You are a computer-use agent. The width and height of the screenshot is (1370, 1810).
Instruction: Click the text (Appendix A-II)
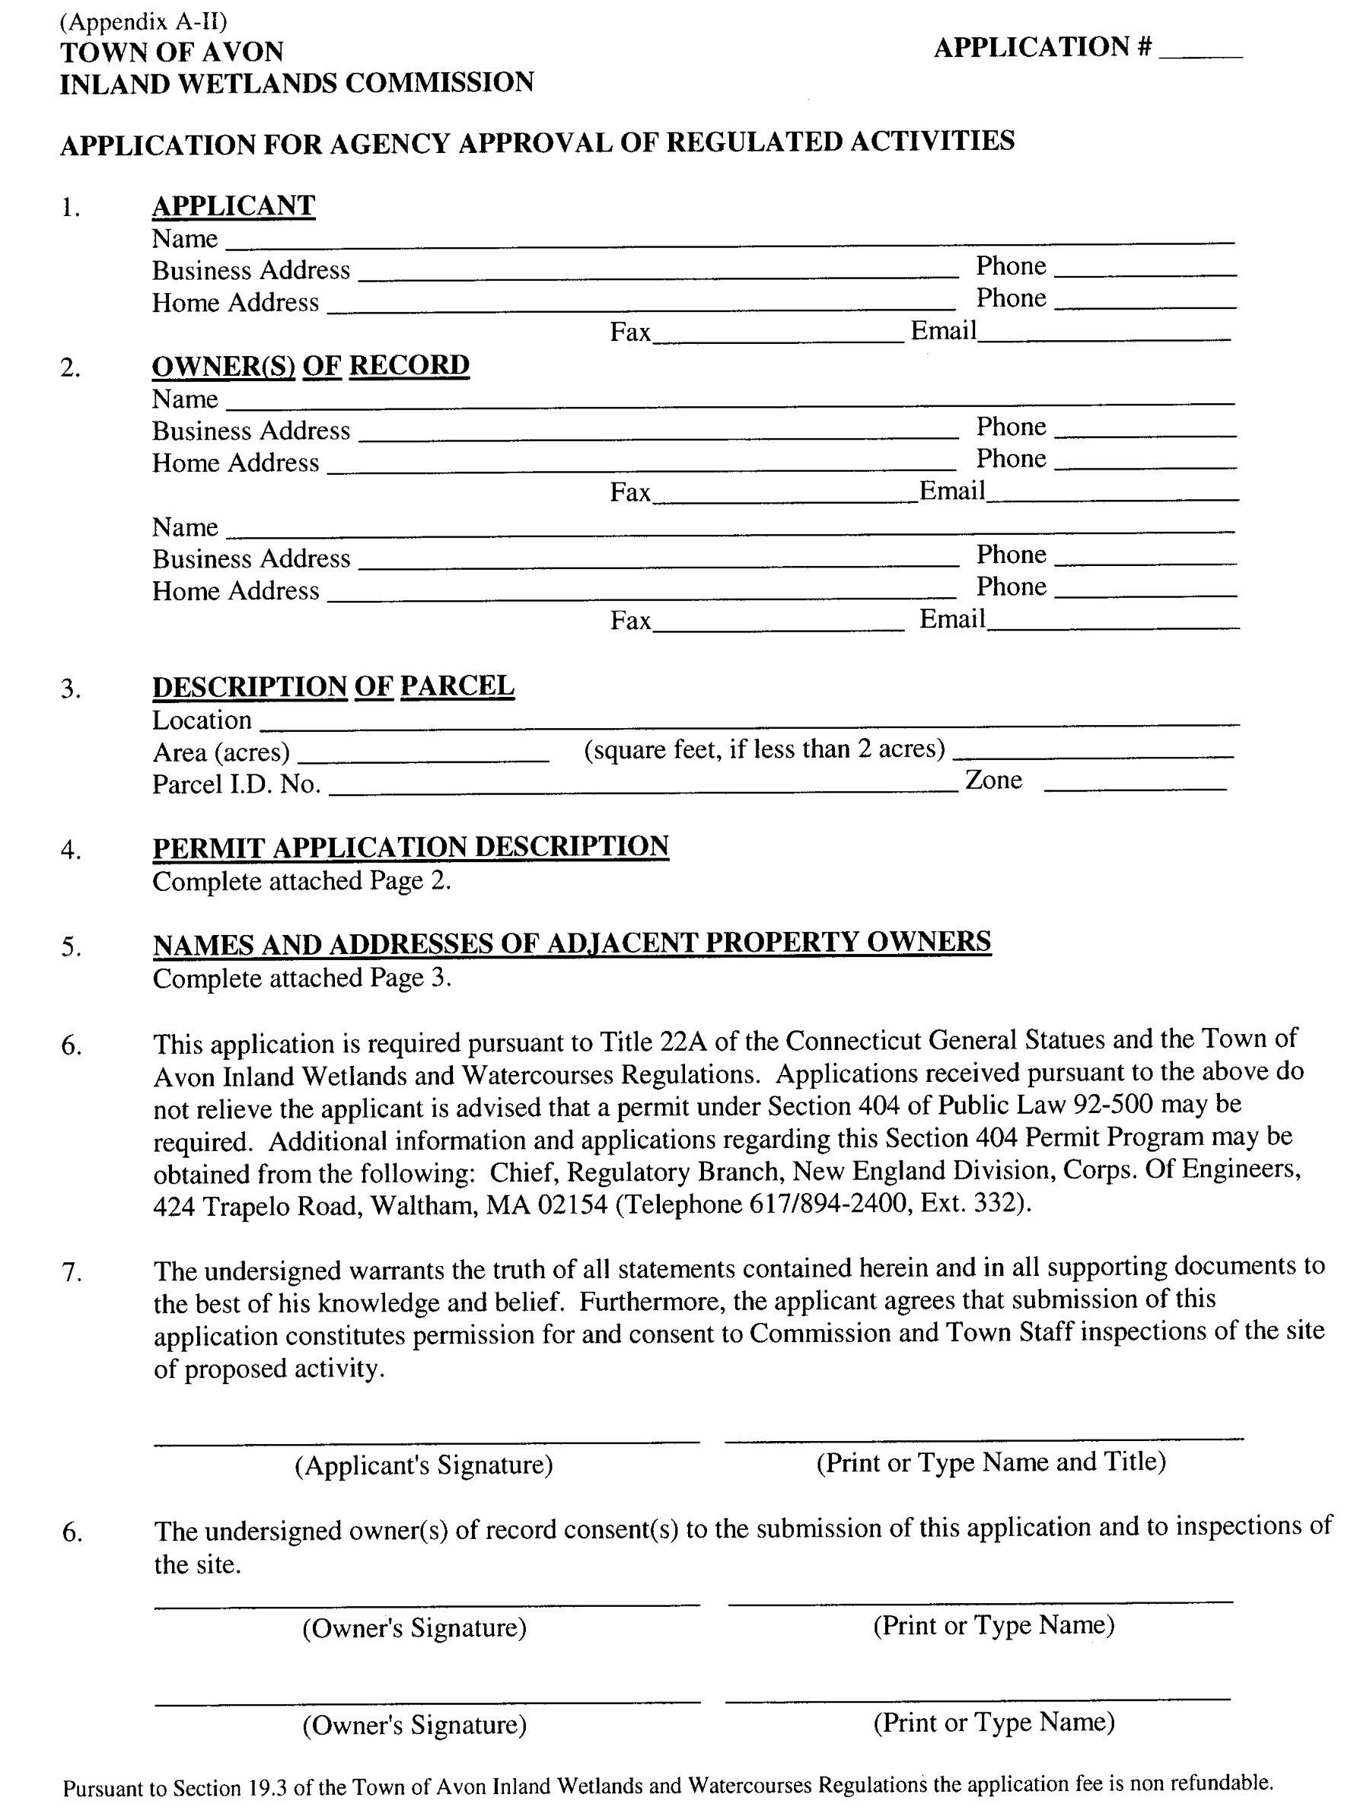143,21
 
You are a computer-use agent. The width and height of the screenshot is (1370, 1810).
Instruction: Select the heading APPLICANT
233,205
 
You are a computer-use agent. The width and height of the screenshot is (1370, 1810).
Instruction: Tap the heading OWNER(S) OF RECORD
311,365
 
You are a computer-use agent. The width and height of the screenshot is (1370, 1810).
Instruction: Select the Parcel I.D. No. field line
642,789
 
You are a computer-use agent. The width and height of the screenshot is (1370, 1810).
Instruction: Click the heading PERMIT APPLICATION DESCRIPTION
410,846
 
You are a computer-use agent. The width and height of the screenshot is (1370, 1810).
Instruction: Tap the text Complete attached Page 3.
302,978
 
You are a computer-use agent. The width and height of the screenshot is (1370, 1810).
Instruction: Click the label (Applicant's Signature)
423,1464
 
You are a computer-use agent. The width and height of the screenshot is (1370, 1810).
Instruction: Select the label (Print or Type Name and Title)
990,1462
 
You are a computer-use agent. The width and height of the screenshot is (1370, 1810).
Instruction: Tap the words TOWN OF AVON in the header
172,52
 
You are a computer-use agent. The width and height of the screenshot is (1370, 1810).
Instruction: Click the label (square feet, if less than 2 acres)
764,749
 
